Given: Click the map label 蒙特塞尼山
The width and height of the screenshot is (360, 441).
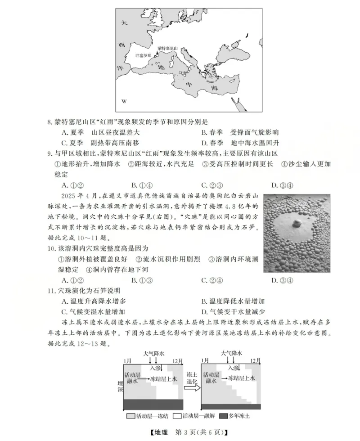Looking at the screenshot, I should coord(168,48).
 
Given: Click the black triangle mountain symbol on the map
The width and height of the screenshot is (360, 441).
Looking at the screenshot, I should coord(157,54).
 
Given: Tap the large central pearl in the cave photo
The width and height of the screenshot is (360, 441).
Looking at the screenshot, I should coord(297,223).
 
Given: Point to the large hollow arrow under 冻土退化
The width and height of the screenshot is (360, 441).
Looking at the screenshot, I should coord(192,388).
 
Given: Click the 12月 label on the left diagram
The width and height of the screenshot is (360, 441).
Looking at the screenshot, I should coord(178,361).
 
